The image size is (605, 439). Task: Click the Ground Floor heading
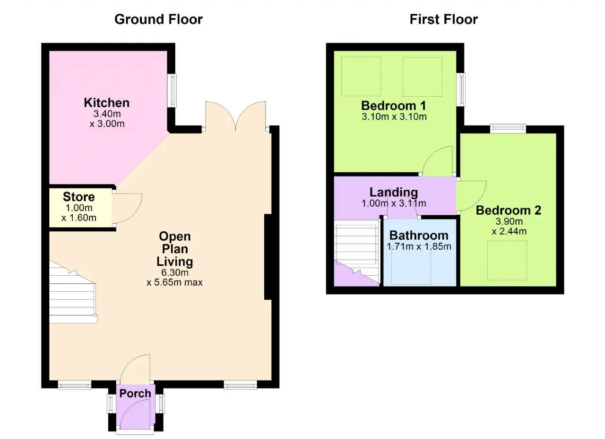point(158,19)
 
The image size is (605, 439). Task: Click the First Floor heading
point(443,19)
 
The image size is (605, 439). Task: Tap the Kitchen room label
point(106,102)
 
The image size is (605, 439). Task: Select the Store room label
point(79,197)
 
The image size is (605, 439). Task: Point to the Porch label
point(135,393)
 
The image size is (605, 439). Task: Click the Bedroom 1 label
point(394,105)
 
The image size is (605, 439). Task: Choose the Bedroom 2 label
point(509,211)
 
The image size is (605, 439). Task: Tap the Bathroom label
point(419,235)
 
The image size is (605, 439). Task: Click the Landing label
point(394,192)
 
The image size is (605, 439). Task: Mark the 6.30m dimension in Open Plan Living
point(175,272)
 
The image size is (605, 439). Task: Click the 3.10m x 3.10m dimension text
point(394,116)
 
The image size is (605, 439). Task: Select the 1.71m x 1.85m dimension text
point(419,246)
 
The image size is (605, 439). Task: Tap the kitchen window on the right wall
point(173,90)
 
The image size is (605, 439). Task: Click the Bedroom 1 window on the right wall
point(461,90)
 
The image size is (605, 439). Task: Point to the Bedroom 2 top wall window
point(508,127)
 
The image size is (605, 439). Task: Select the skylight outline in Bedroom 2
point(507,260)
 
